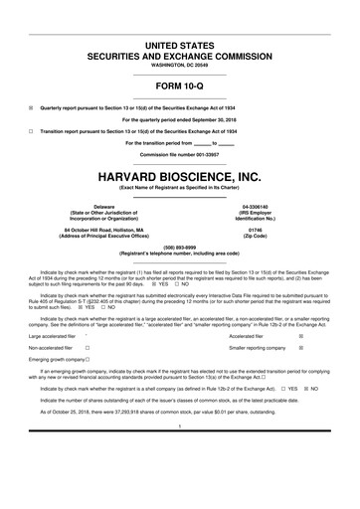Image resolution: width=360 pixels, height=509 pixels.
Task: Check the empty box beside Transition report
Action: pyautogui.click(x=31, y=131)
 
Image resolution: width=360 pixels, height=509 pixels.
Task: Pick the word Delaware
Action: pyautogui.click(x=90, y=207)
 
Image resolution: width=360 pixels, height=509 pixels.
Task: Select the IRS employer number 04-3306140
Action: pyautogui.click(x=269, y=207)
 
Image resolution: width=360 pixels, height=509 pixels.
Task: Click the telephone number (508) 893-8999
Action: pyautogui.click(x=179, y=249)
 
